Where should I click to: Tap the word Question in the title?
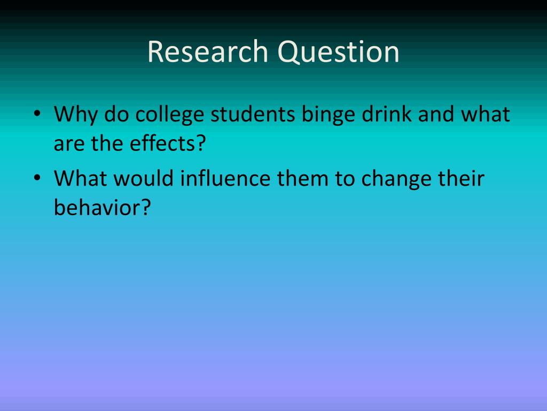[338, 52]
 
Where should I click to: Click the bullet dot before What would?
[36, 179]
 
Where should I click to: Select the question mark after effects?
[200, 144]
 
